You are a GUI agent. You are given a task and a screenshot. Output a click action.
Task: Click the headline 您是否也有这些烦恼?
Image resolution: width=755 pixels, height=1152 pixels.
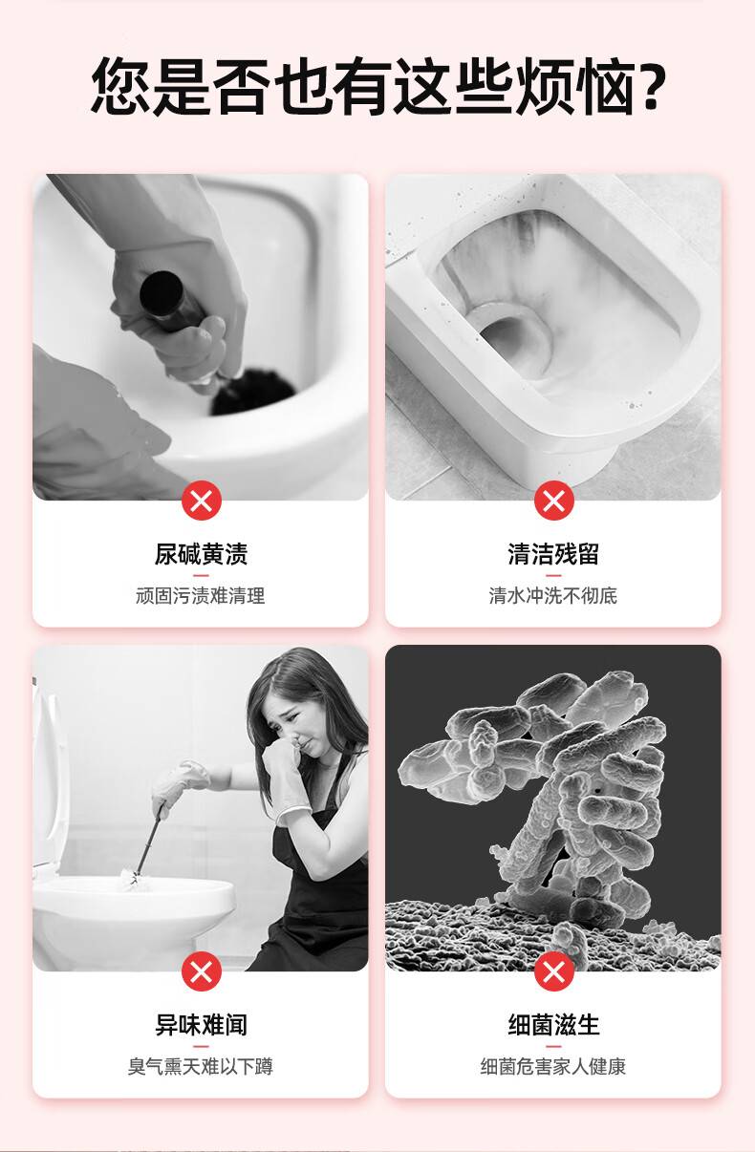click(x=377, y=86)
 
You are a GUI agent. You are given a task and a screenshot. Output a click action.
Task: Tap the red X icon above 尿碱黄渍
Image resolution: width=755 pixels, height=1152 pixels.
click(x=202, y=500)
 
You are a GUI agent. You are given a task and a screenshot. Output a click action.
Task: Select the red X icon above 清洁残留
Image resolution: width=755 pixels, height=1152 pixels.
click(x=553, y=500)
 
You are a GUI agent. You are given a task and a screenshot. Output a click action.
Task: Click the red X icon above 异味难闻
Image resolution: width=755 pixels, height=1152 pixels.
click(x=202, y=971)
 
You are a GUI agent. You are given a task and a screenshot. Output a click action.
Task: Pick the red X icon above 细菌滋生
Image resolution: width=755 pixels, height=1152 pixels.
click(x=553, y=971)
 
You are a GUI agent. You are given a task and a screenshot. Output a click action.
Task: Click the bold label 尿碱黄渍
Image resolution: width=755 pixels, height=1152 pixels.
click(x=202, y=554)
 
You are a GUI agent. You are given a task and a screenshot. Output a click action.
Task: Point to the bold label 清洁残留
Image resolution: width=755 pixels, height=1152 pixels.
click(x=553, y=554)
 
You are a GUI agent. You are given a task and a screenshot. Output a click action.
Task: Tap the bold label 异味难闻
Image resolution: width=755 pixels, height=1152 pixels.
click(x=202, y=1024)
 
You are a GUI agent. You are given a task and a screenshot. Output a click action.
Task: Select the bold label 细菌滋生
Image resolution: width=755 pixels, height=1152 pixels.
click(x=553, y=1024)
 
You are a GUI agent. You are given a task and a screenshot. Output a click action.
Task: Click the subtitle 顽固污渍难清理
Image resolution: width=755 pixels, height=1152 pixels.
click(x=201, y=595)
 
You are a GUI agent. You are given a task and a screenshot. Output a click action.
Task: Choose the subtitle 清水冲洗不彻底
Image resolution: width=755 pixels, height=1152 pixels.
click(x=553, y=595)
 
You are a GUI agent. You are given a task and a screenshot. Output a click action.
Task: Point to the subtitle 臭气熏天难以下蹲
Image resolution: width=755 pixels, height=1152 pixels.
click(x=201, y=1066)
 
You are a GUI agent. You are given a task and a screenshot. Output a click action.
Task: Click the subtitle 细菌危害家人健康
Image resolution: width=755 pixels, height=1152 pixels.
click(x=553, y=1066)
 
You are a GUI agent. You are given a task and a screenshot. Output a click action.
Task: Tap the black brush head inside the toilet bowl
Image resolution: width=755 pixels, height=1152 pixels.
click(x=252, y=392)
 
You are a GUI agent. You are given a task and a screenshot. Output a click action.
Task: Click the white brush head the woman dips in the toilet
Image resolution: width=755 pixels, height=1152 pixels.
click(x=135, y=880)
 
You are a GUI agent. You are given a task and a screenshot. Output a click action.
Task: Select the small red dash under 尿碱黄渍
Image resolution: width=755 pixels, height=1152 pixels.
click(x=202, y=575)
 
